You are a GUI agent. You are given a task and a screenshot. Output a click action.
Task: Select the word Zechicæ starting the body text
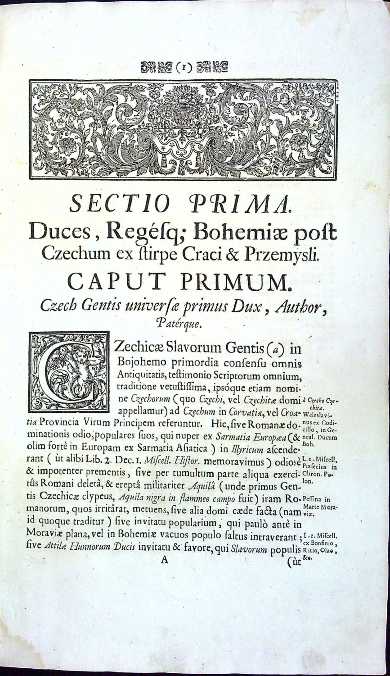141,348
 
